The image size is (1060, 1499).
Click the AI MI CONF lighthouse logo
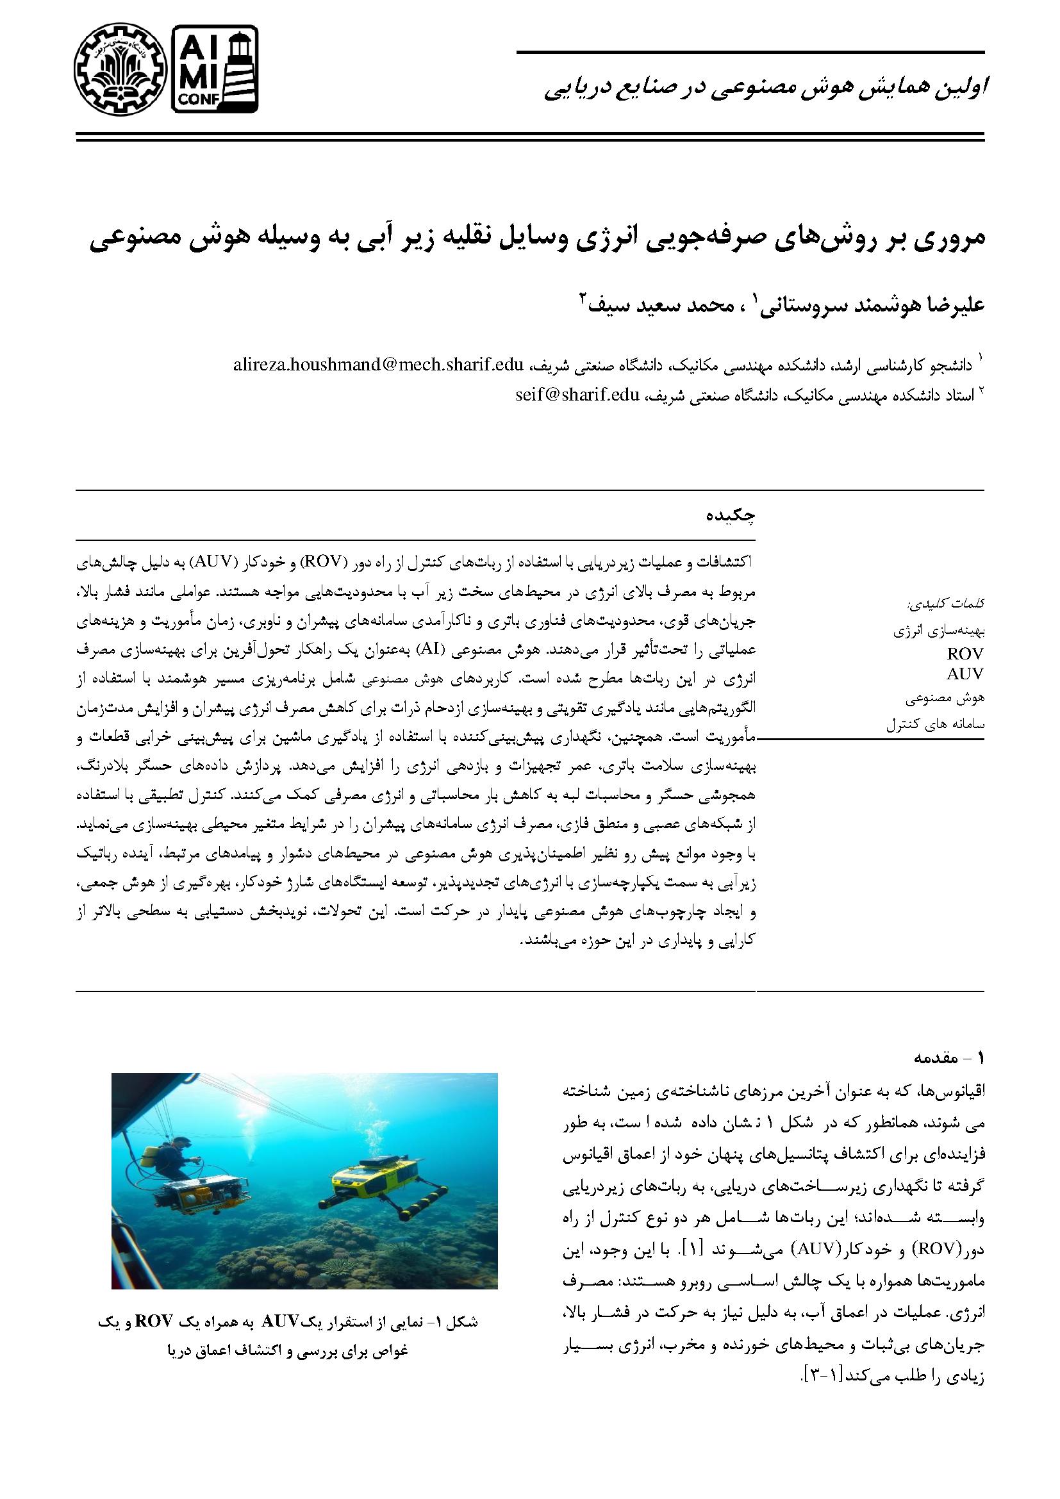[215, 69]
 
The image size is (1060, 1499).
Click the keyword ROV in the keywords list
[965, 654]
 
